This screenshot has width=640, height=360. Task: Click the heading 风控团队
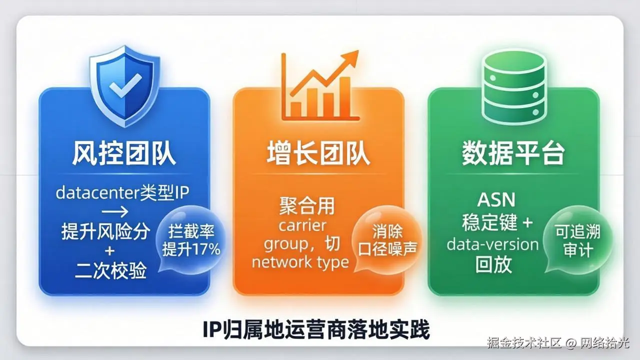click(124, 153)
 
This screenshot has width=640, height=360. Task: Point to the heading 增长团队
click(318, 153)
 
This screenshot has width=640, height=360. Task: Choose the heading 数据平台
click(513, 153)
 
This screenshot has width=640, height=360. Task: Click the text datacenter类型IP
click(123, 193)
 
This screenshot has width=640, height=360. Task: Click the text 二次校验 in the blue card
click(111, 271)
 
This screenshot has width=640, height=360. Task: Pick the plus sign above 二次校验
click(110, 251)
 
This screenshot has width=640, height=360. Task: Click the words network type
click(300, 262)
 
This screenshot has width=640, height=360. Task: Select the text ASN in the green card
click(495, 200)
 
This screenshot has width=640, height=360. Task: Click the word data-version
click(492, 244)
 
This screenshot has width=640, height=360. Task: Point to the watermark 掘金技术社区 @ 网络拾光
click(558, 343)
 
